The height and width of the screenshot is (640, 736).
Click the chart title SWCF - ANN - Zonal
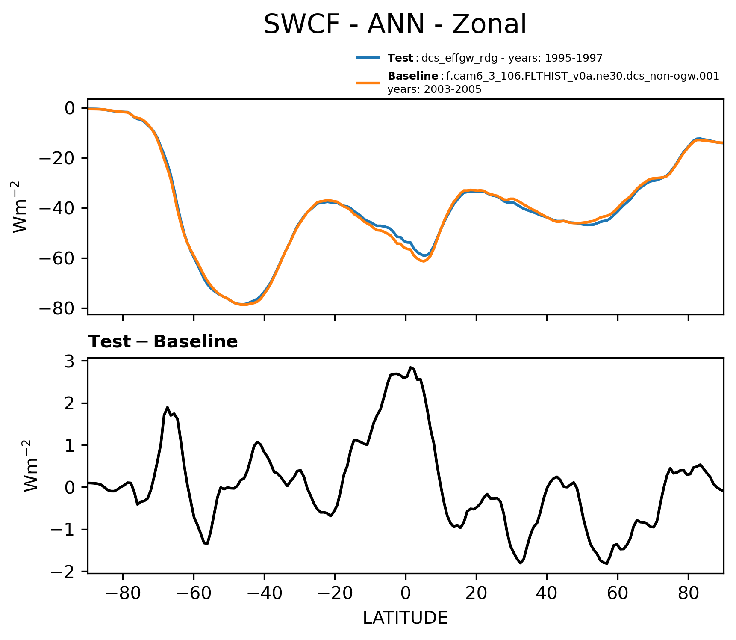(x=395, y=24)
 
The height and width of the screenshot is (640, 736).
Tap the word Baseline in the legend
(x=412, y=76)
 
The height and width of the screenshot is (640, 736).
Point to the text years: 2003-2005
(x=434, y=89)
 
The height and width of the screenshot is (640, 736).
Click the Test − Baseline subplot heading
(x=163, y=342)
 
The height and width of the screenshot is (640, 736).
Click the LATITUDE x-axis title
(x=405, y=618)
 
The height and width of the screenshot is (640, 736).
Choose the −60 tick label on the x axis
(x=194, y=593)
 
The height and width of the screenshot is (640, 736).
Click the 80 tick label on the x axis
(x=688, y=593)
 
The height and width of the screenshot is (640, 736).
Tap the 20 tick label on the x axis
(x=476, y=593)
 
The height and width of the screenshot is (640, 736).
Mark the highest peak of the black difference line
(x=410, y=367)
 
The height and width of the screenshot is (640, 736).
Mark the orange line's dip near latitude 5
(x=423, y=261)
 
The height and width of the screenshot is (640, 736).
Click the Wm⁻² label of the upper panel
(x=20, y=207)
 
